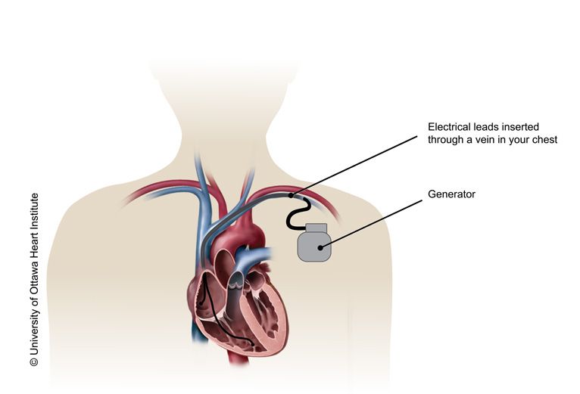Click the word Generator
(451, 194)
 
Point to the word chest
(544, 140)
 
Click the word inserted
(520, 127)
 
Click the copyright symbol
(34, 361)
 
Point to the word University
(34, 332)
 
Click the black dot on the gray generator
(320, 247)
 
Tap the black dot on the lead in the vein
(291, 196)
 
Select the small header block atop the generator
(316, 228)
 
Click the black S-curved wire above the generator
(296, 213)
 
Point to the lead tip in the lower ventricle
(253, 345)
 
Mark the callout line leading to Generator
(371, 225)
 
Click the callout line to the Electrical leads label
(354, 166)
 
